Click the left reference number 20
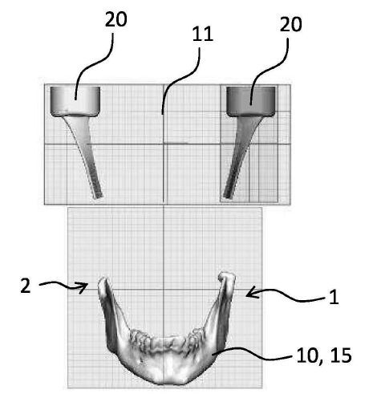point(116,19)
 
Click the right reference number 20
point(291,24)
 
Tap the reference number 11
point(203,34)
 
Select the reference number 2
point(26,286)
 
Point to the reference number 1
point(334,297)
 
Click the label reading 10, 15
point(324,355)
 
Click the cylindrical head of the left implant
point(75,101)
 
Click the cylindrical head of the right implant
point(251,101)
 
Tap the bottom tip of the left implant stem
point(99,197)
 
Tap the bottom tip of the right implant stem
point(227,197)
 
